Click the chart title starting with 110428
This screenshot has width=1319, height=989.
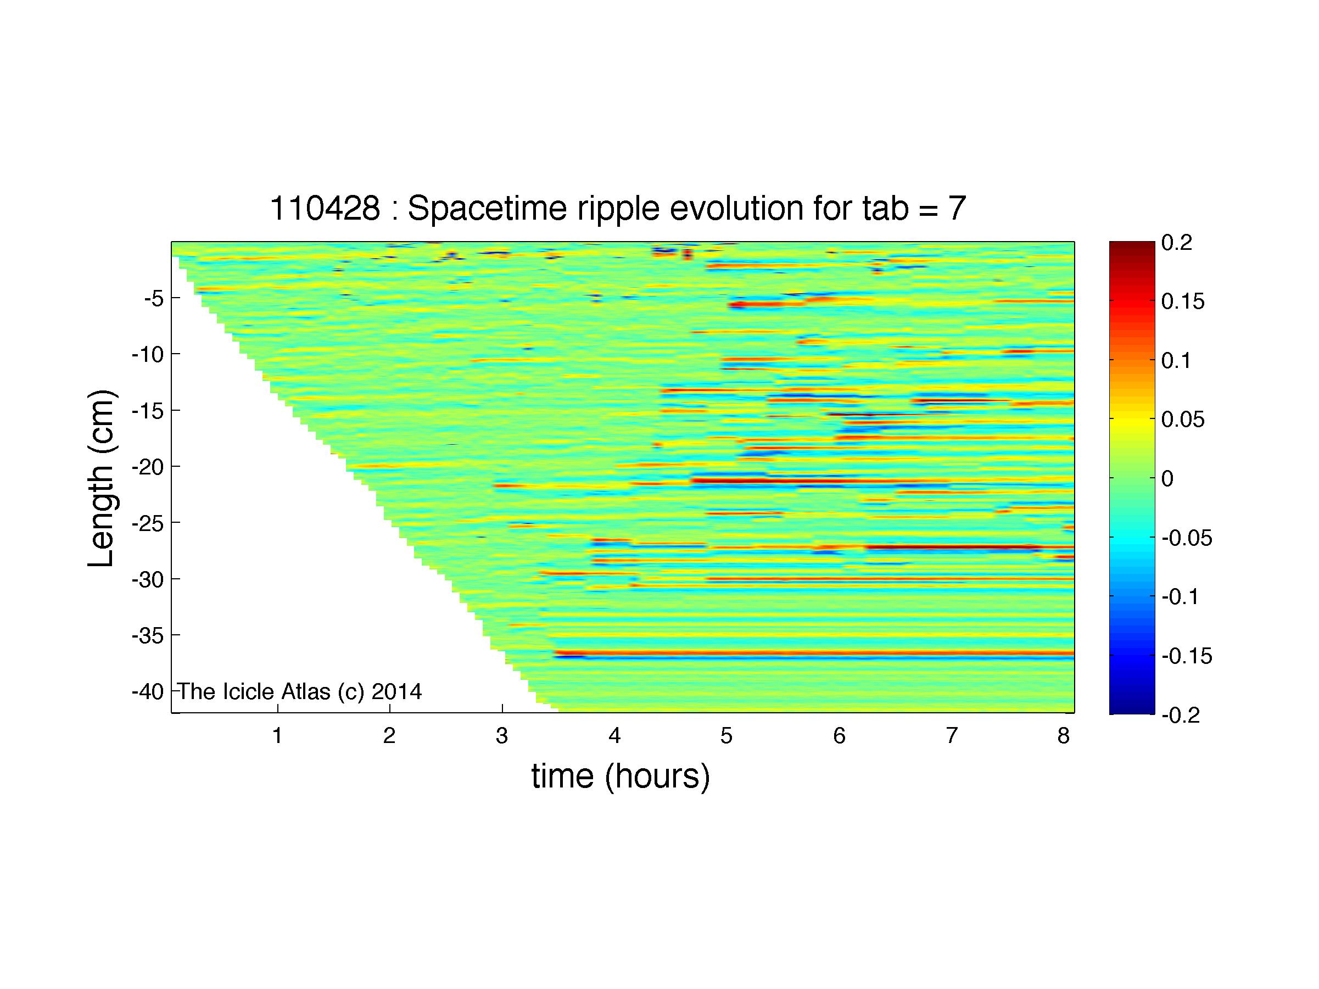click(618, 209)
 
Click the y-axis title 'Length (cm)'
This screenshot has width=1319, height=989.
click(102, 478)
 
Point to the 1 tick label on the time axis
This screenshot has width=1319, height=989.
click(277, 736)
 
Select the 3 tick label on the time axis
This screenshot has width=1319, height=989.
click(502, 736)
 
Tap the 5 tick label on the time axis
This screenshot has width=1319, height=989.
click(726, 736)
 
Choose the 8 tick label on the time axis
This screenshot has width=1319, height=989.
click(1064, 736)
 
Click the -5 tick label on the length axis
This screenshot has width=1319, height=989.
click(154, 298)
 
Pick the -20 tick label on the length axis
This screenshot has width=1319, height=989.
click(147, 466)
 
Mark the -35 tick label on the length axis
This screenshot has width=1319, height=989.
click(147, 635)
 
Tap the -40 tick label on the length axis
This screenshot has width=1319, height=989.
click(147, 691)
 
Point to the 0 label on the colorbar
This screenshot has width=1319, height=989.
click(1168, 479)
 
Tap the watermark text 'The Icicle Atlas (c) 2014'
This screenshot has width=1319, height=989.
click(300, 691)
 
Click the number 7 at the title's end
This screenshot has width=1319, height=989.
click(957, 209)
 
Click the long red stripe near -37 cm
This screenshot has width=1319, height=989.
click(814, 653)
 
